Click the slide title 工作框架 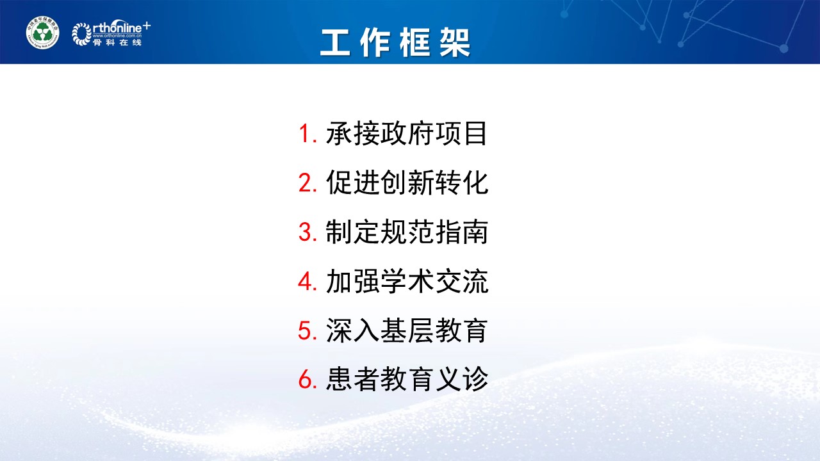(395, 43)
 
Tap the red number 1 (306, 134)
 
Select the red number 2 (306, 183)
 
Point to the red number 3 (306, 232)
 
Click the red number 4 (306, 282)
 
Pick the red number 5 (306, 331)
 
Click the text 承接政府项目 (407, 134)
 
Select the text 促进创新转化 (407, 183)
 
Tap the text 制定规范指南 (407, 232)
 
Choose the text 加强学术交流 (407, 282)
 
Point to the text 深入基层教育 (407, 331)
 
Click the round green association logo (42, 33)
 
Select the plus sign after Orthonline (147, 25)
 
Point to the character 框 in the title (414, 43)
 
